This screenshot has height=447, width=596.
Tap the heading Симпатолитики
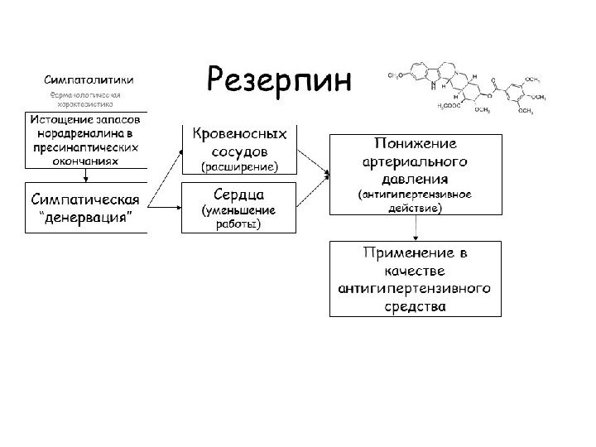90,80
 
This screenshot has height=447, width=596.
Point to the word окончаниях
88,161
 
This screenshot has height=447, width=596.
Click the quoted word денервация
86,222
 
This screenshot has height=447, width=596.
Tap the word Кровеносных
240,134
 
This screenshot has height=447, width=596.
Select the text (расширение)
239,167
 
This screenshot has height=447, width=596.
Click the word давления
416,178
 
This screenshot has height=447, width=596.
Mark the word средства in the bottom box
416,305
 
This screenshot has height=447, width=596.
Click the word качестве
416,271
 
